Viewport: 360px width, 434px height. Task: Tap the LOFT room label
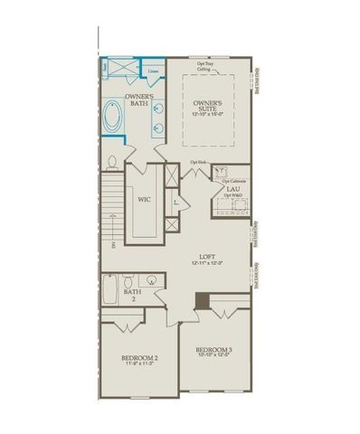209,256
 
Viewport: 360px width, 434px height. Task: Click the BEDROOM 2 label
140,359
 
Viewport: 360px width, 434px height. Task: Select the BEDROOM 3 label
214,350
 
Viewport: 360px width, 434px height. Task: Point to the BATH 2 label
131,296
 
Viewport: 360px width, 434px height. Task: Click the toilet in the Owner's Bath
112,164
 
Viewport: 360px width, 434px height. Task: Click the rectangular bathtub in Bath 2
109,291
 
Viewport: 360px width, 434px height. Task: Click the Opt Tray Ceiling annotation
206,63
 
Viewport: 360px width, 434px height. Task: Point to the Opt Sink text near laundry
197,163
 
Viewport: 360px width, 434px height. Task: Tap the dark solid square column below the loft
204,303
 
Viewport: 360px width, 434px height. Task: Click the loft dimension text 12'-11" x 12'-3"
209,263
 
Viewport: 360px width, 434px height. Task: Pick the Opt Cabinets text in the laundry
232,181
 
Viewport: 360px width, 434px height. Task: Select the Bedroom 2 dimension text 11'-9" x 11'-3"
140,366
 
